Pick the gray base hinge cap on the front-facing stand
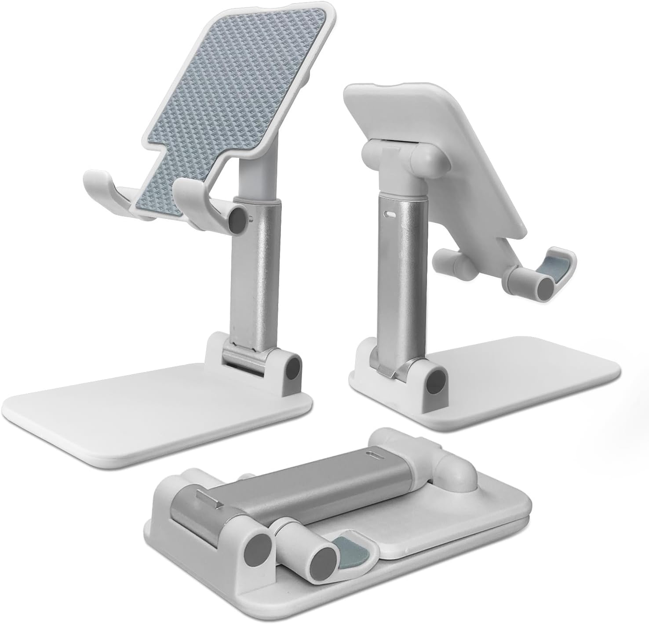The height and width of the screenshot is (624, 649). (x=292, y=368)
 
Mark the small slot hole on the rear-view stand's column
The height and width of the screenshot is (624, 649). (x=390, y=214)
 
